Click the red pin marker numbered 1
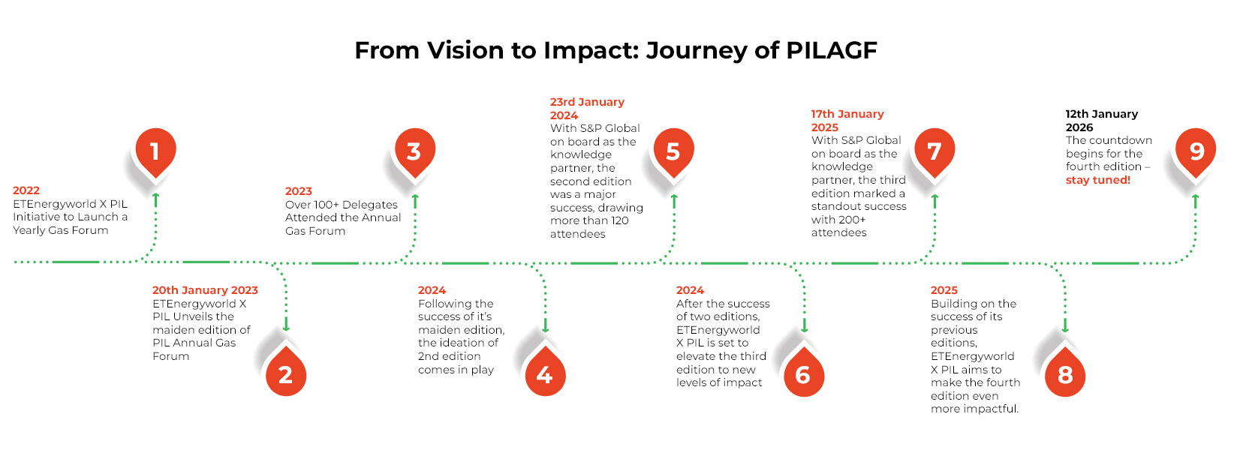click(155, 151)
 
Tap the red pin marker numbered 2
click(285, 374)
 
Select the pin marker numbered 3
click(414, 151)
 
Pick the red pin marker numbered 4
click(544, 374)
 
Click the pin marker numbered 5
click(673, 151)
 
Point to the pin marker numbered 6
click(803, 374)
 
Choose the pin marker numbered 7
click(934, 151)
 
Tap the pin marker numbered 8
click(1064, 374)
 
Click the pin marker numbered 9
click(1196, 151)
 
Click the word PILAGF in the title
click(831, 50)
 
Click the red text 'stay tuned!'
click(1097, 180)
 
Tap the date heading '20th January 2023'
click(205, 290)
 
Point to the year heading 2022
click(26, 190)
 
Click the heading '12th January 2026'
click(1101, 121)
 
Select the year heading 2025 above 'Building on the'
click(944, 290)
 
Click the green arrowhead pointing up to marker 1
click(155, 197)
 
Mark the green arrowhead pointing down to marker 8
click(1064, 327)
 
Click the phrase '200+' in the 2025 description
click(853, 220)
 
